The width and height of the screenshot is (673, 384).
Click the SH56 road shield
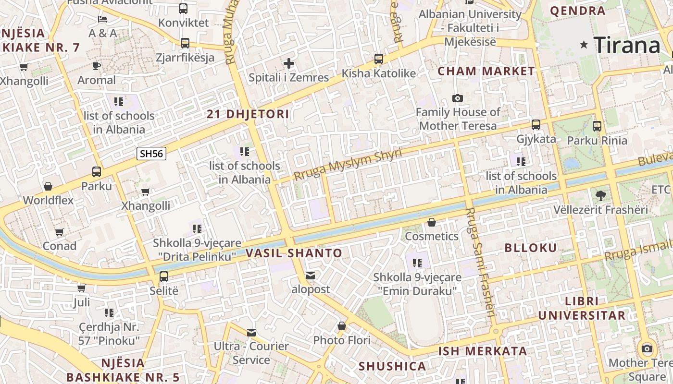pyautogui.click(x=151, y=154)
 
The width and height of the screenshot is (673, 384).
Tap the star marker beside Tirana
pyautogui.click(x=584, y=45)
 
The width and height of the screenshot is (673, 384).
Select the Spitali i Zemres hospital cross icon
pyautogui.click(x=288, y=63)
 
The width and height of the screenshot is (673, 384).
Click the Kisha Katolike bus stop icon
pyautogui.click(x=379, y=59)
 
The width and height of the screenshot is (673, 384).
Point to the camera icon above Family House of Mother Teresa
pyautogui.click(x=458, y=98)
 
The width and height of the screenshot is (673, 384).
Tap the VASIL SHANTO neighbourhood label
pyautogui.click(x=294, y=253)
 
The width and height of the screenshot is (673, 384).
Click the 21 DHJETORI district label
pyautogui.click(x=248, y=114)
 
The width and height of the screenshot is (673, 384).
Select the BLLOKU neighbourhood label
pyautogui.click(x=531, y=248)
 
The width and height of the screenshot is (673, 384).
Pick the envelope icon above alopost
pyautogui.click(x=311, y=276)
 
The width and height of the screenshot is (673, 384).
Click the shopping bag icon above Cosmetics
pyautogui.click(x=432, y=222)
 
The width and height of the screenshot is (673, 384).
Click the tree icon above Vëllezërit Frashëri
pyautogui.click(x=600, y=195)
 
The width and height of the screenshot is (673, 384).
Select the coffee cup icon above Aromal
pyautogui.click(x=97, y=66)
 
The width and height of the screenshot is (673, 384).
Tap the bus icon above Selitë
pyautogui.click(x=164, y=276)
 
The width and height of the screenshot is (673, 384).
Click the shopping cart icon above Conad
pyautogui.click(x=59, y=232)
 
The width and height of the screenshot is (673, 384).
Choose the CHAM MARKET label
pyautogui.click(x=486, y=72)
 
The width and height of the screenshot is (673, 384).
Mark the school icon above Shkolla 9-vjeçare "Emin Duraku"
pyautogui.click(x=417, y=263)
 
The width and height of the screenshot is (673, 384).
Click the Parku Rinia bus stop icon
pyautogui.click(x=597, y=126)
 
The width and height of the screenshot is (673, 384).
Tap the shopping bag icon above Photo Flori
pyautogui.click(x=341, y=326)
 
